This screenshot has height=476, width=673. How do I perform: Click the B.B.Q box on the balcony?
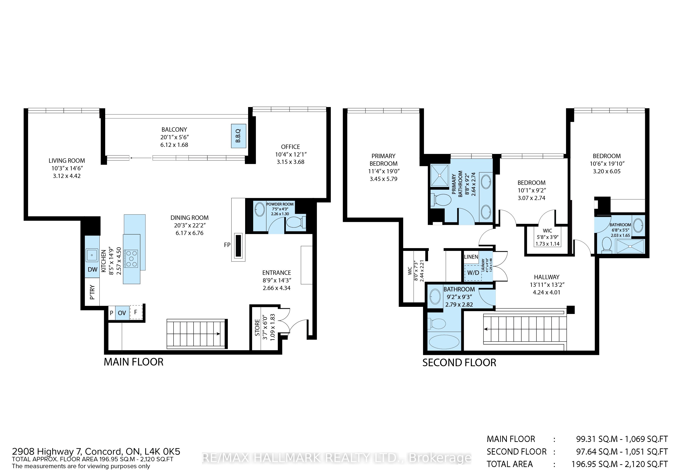click(238, 136)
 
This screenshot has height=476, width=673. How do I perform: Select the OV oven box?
click(122, 313)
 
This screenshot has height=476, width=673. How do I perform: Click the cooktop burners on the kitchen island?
click(131, 258)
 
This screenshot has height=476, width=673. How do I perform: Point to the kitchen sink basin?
click(92, 255)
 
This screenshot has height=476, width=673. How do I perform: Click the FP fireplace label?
click(227, 245)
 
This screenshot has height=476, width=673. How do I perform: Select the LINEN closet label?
click(471, 257)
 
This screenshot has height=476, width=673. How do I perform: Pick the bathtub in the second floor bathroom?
click(444, 342)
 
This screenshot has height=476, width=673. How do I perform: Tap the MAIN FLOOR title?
click(134, 362)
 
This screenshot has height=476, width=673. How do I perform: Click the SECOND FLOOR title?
click(459, 363)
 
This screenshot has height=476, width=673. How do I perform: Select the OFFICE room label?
click(290, 147)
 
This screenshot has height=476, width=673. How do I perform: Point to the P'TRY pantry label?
click(92, 292)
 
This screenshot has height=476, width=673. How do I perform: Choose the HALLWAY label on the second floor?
click(547, 277)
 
